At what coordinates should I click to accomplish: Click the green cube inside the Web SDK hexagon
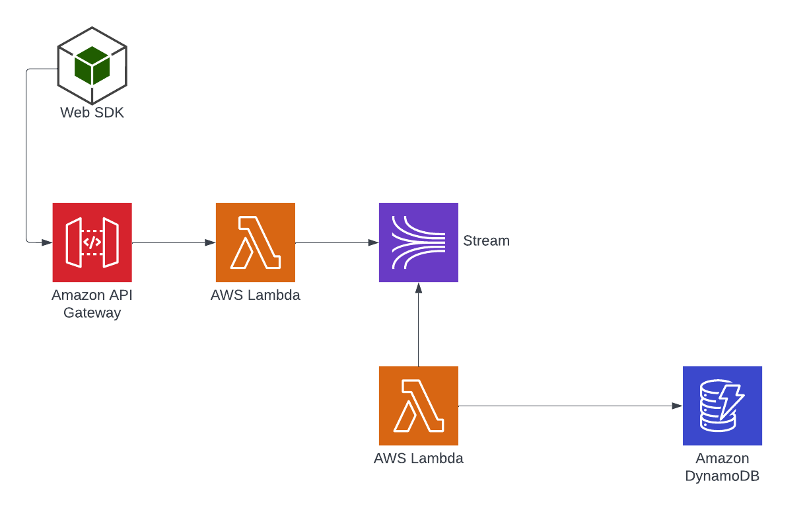92,65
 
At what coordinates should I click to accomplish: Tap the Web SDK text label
92,113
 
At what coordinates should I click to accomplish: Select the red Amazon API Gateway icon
92,242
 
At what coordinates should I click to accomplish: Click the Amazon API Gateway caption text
92,304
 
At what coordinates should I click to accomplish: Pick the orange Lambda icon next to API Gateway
255,242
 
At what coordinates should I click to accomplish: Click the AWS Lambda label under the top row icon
255,295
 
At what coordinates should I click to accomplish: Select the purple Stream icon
418,242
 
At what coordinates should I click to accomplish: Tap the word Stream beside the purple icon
486,240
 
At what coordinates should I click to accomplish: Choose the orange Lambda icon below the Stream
418,406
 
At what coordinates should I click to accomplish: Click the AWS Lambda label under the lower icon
418,458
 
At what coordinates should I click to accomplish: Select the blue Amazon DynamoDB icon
722,406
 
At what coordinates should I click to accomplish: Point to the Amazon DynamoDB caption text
722,467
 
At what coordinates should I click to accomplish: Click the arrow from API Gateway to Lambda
174,242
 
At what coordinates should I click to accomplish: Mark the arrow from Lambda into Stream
337,242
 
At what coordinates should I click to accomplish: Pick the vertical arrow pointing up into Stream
418,324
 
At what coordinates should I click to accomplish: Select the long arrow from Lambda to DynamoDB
568,406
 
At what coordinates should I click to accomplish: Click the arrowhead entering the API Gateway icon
47,242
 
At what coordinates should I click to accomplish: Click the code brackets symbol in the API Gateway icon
92,242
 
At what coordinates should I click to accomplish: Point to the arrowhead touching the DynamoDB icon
677,406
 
